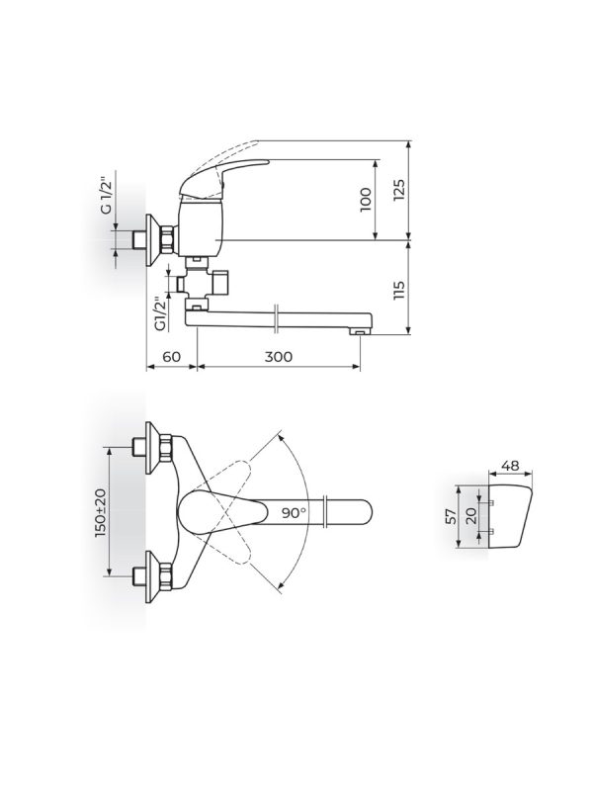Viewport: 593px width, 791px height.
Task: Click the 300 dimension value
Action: click(x=279, y=357)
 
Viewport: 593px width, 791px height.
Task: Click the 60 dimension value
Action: click(x=171, y=357)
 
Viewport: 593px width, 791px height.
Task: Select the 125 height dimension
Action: click(x=399, y=190)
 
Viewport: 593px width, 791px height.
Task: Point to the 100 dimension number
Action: click(x=366, y=200)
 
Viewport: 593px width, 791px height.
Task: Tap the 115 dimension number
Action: click(x=399, y=290)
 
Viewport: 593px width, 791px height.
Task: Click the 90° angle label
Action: click(x=294, y=513)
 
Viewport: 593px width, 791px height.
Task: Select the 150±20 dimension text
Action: click(x=102, y=512)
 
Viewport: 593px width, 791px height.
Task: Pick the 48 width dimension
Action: click(x=511, y=465)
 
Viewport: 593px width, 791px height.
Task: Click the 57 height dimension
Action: click(x=451, y=516)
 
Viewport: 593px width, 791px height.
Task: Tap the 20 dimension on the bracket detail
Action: click(x=471, y=516)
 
